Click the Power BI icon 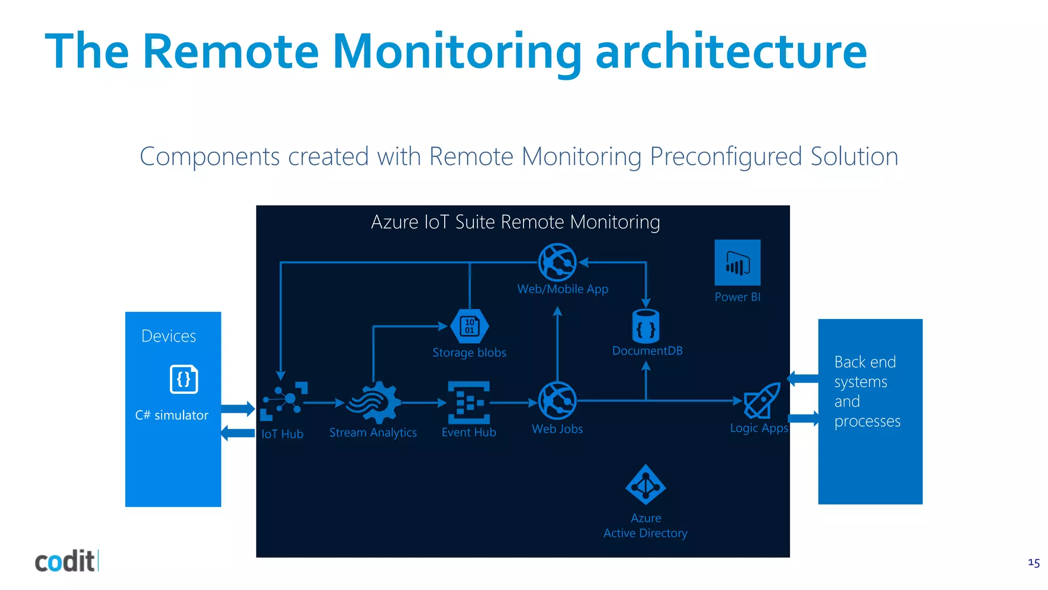[x=737, y=262]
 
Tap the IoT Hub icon [x=285, y=401]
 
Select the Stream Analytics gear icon [x=374, y=403]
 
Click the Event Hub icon [x=469, y=403]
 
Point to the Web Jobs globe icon [x=557, y=401]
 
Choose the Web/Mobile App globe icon [x=557, y=262]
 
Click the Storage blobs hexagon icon [x=469, y=326]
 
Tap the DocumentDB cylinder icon [x=646, y=326]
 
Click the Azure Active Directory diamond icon [x=646, y=485]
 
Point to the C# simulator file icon [x=184, y=379]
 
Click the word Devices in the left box [x=168, y=336]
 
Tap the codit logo [x=65, y=561]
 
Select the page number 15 [x=1033, y=563]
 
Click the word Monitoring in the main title [x=457, y=51]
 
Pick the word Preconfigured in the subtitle [x=725, y=156]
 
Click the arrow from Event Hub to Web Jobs [x=513, y=403]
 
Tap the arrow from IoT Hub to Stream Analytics [x=324, y=403]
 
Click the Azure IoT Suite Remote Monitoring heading [x=515, y=222]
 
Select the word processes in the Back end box [x=867, y=421]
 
